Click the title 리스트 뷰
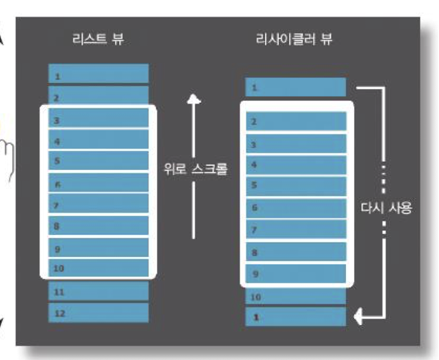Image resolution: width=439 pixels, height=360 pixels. coord(98,39)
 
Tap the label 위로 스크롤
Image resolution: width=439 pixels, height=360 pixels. coord(195,169)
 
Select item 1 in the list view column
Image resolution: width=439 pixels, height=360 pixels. coord(98,74)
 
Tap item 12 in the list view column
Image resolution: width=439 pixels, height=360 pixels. coord(98,312)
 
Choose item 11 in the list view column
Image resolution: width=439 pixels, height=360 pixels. coord(98,292)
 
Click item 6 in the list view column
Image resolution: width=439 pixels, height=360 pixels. coord(98,183)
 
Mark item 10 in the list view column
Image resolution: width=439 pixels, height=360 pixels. coord(98,268)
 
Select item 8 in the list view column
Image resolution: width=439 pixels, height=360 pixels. coord(98,226)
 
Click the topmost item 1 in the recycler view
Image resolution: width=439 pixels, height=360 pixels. coord(295,87)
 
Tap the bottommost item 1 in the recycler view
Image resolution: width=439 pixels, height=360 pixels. coord(295,317)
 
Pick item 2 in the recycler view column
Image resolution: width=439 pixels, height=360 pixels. coord(295,122)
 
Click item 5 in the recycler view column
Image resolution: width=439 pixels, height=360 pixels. coord(295,186)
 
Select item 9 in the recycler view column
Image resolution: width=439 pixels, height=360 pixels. coord(295,274)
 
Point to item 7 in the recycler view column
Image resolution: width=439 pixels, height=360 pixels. coord(295,230)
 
